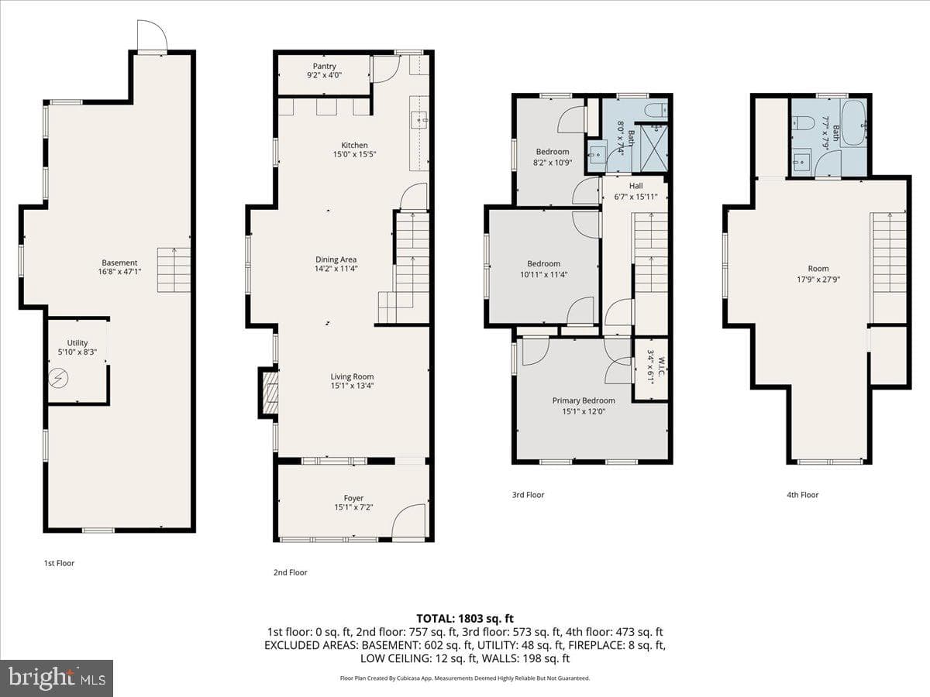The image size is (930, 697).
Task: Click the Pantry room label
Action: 325,67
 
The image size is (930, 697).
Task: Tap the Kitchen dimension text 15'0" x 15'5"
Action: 354,154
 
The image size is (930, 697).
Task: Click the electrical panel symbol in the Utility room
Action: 58,378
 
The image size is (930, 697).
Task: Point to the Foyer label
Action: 353,498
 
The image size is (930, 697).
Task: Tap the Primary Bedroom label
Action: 584,400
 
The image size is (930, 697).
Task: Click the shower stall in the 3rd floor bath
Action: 654,148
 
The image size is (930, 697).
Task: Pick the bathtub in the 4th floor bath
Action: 854,123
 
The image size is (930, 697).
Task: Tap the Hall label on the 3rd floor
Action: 635,186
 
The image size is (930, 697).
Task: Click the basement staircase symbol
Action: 174,270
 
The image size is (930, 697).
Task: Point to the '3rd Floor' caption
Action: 528,495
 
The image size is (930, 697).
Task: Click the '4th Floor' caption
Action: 802,495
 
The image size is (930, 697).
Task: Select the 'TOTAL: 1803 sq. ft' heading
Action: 465,619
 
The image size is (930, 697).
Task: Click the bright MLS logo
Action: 57,678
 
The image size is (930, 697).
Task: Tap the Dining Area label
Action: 336,259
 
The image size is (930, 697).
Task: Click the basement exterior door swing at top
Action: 153,36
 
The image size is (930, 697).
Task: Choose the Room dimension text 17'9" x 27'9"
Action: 818,280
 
